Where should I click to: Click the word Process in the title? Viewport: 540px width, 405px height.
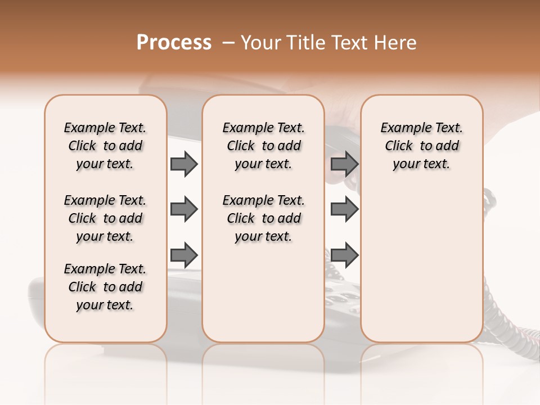(174, 43)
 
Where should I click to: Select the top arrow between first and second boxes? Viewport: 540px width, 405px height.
(184, 164)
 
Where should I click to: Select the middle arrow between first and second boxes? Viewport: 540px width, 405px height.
(184, 209)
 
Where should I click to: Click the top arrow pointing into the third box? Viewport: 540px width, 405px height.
(344, 164)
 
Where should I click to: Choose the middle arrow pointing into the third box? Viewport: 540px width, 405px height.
(344, 209)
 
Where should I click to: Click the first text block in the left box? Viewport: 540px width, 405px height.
(105, 146)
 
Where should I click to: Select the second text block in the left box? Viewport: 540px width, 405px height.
(105, 218)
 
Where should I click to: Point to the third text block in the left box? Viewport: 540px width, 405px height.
(105, 287)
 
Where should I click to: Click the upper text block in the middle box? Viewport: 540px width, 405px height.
(263, 146)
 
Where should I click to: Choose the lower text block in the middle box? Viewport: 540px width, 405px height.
(263, 218)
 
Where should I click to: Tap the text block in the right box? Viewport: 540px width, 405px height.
(421, 146)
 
